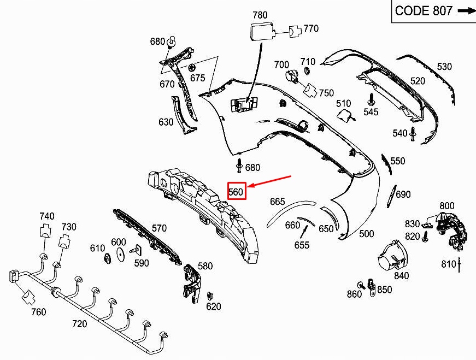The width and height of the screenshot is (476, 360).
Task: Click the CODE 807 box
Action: (433, 11)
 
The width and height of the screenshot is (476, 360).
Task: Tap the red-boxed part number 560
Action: (236, 191)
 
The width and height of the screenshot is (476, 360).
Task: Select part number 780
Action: (260, 15)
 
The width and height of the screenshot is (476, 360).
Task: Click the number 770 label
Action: (311, 28)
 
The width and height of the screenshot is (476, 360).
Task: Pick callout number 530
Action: (444, 67)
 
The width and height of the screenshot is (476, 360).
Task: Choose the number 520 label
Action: (418, 81)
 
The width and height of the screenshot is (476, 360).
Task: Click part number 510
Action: (343, 103)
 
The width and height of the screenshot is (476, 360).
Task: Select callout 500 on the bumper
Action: (367, 234)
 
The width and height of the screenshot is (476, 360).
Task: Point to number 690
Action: (403, 194)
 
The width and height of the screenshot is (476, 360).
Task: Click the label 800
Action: (447, 205)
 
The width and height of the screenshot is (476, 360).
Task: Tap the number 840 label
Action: (401, 276)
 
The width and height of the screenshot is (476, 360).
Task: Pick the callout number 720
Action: (79, 324)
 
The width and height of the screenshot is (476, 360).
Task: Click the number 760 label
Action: (38, 312)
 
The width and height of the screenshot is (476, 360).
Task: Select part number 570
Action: (159, 228)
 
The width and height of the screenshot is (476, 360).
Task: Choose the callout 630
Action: (166, 122)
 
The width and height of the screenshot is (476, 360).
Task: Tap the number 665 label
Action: (278, 202)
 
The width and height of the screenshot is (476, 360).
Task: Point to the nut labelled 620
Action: (210, 296)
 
